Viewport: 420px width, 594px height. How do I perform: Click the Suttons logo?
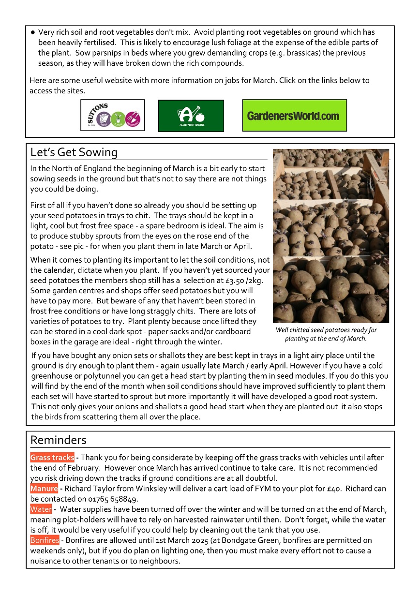pos(112,115)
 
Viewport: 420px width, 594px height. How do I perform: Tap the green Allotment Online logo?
pos(191,116)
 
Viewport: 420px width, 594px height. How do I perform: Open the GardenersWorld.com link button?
pos(294,116)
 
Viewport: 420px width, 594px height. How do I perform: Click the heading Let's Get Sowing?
pos(74,152)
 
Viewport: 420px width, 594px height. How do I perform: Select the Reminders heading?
pos(58,440)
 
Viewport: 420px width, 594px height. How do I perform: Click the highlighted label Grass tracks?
pos(52,458)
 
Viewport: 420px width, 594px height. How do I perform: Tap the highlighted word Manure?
pos(44,489)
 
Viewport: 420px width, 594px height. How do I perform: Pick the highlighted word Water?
pos(41,509)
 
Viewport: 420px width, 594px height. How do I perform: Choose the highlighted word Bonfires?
pos(45,540)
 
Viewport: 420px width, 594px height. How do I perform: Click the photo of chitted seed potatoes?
pos(330,236)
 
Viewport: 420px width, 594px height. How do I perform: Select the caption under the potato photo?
pos(326,334)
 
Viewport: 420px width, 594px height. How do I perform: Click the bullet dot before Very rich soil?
pos(32,32)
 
